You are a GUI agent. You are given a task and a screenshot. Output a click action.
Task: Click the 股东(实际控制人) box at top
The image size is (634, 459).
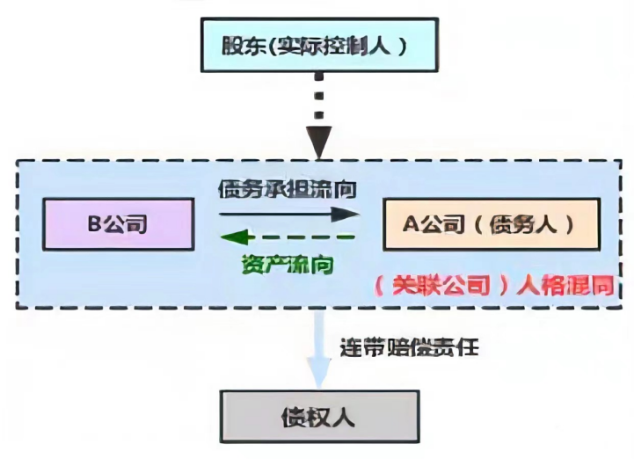click(318, 47)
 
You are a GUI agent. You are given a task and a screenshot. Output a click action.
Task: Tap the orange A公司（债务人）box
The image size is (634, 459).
click(491, 223)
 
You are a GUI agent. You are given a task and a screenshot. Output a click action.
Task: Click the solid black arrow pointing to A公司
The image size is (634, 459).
click(289, 214)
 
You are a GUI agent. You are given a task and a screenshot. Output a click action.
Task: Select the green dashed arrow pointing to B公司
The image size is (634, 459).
click(289, 236)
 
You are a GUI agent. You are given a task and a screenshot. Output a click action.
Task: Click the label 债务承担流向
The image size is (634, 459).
click(288, 188)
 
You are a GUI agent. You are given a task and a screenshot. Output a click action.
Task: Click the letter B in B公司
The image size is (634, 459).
click(92, 224)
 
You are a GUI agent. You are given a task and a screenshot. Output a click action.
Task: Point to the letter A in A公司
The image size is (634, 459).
click(410, 224)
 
